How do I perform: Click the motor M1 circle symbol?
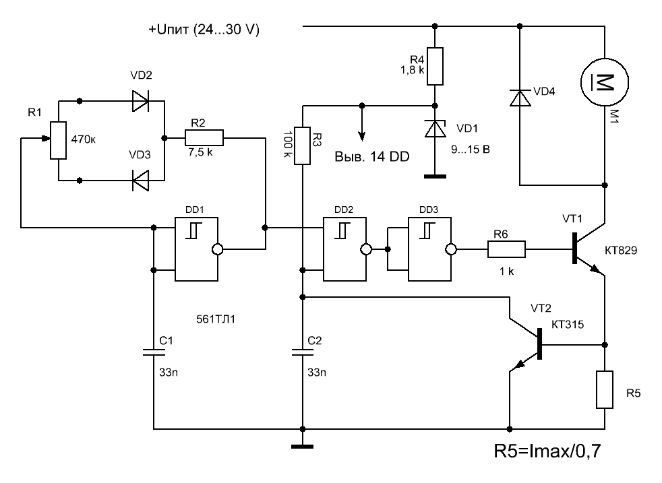(x=581, y=82)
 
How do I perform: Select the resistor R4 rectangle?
(x=435, y=66)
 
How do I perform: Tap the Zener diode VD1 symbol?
(x=435, y=129)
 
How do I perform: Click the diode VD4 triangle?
(x=520, y=98)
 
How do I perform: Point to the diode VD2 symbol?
(x=141, y=101)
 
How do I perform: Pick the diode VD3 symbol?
(x=141, y=181)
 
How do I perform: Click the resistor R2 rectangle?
(x=204, y=138)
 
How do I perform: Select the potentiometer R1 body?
(x=58, y=141)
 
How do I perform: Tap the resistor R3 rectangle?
(x=302, y=146)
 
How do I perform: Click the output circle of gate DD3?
(x=451, y=249)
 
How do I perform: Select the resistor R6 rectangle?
(x=507, y=249)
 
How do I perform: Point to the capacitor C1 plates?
(x=154, y=352)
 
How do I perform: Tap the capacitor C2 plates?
(x=302, y=352)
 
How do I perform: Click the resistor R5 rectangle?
(x=605, y=389)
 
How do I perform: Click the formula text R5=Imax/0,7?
(x=547, y=451)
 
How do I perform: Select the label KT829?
(x=621, y=251)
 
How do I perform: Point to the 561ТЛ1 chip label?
(x=216, y=319)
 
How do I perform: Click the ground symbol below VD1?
(x=435, y=176)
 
